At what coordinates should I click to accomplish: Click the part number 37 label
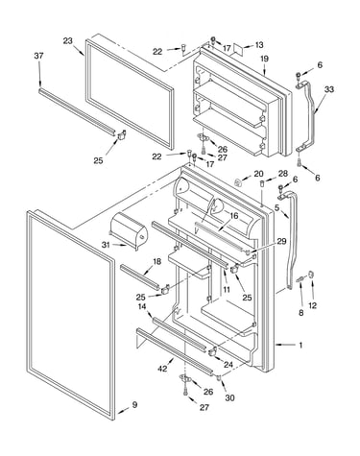(38, 56)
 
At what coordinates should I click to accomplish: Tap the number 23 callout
(67, 41)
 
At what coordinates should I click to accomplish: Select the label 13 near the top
(259, 45)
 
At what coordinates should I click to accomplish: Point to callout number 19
(264, 59)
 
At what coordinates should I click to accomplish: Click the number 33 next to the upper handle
(328, 89)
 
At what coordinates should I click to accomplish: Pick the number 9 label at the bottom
(134, 405)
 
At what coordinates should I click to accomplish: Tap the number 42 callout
(162, 369)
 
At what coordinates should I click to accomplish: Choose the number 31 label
(106, 245)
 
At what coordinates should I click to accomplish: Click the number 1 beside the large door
(300, 345)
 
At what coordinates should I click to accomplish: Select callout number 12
(312, 305)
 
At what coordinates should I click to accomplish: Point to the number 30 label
(229, 397)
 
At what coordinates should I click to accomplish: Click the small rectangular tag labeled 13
(237, 49)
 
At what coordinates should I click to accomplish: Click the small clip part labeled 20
(238, 182)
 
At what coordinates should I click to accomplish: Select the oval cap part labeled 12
(311, 275)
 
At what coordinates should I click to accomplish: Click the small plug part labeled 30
(220, 378)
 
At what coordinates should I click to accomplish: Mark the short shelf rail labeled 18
(140, 276)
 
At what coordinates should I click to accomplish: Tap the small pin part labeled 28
(262, 184)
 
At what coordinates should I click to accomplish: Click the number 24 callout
(228, 365)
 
